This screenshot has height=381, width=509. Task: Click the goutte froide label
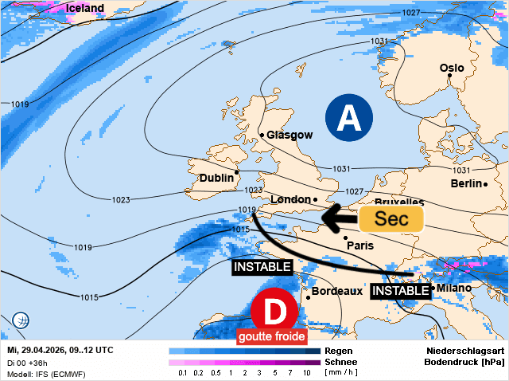click(x=271, y=337)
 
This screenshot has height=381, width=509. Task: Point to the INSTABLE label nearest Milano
click(x=400, y=291)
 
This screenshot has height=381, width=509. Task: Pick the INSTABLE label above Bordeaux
click(x=262, y=267)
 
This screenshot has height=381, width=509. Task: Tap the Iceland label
click(x=85, y=9)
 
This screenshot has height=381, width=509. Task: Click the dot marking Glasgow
click(x=262, y=136)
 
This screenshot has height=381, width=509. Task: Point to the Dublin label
click(x=216, y=178)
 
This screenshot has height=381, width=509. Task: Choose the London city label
click(x=289, y=199)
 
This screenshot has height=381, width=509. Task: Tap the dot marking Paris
click(x=345, y=237)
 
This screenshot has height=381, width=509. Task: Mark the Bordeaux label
click(x=337, y=292)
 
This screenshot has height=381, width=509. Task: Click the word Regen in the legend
click(x=339, y=351)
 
